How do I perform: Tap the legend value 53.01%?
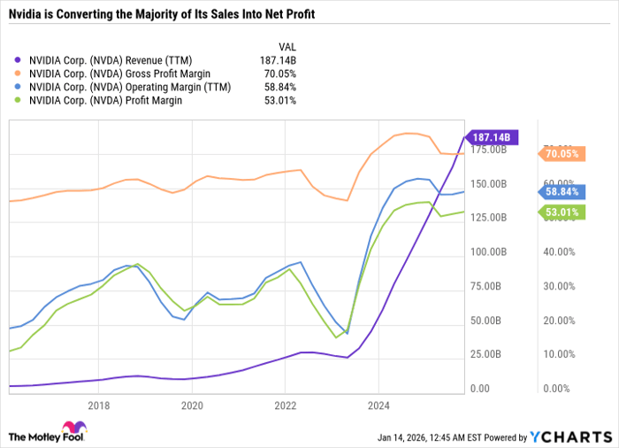point(279,100)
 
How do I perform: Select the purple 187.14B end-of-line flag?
point(493,137)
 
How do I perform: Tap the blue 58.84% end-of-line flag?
point(562,190)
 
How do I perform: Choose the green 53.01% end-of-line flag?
point(562,212)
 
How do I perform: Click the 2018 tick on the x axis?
point(99,406)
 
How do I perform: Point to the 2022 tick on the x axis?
point(285,406)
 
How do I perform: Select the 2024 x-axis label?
point(378,406)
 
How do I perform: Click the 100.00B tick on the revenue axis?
point(489,252)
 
